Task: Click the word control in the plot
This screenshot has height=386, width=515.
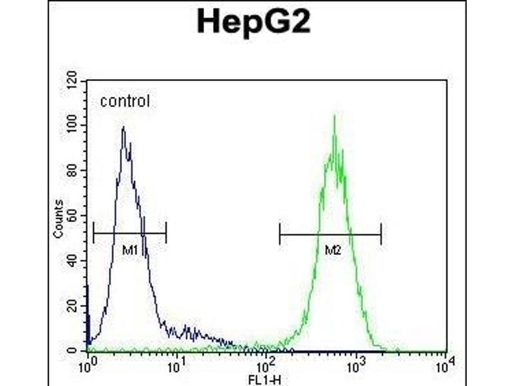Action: click(124, 101)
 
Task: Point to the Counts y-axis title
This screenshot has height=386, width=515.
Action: click(59, 219)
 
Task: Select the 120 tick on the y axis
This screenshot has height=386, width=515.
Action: click(73, 81)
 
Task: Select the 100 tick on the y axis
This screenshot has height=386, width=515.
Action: click(73, 126)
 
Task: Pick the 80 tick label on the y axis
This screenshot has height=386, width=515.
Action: click(73, 170)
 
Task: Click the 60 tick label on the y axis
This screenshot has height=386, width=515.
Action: click(73, 216)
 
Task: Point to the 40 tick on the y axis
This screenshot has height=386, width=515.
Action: click(73, 261)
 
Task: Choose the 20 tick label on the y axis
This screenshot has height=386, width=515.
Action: click(73, 306)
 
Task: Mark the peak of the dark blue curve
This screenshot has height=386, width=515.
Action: click(122, 127)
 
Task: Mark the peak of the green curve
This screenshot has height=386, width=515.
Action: click(334, 116)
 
